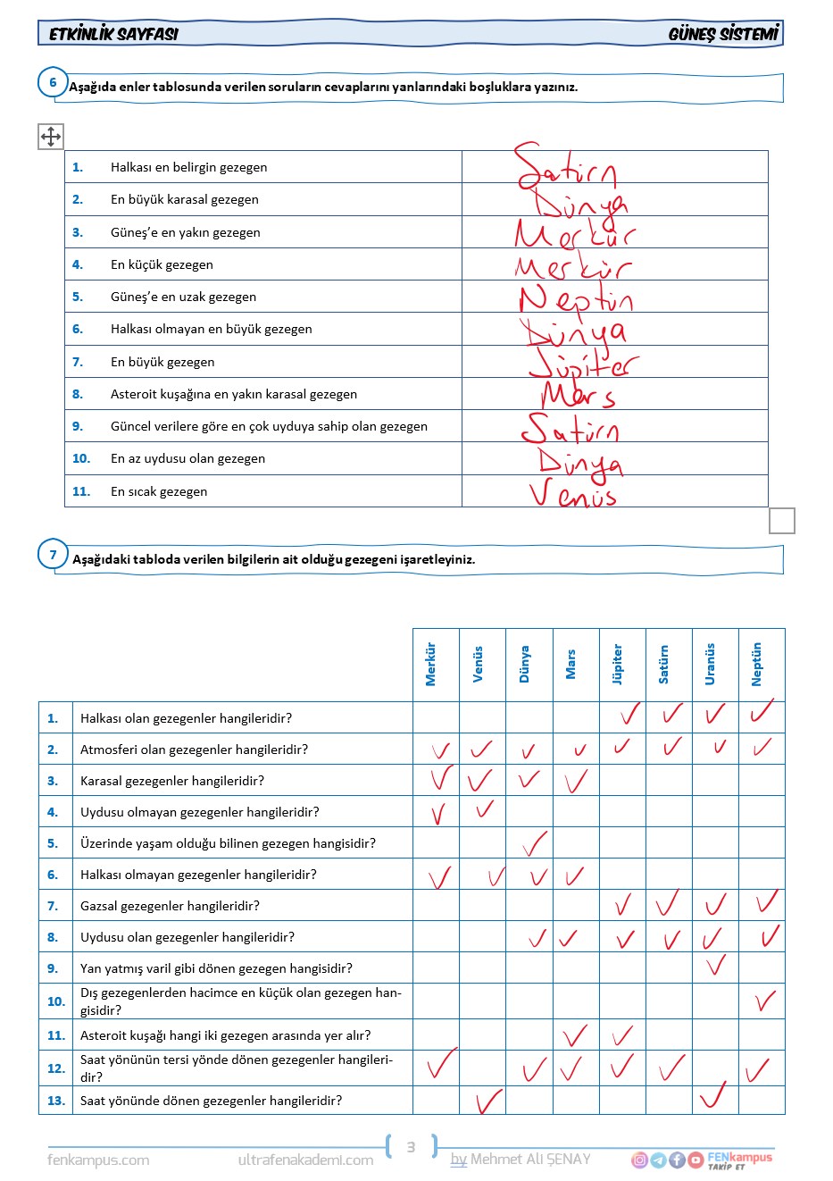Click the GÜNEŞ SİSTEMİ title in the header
723,34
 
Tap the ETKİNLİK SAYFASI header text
113,34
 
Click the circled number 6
53,83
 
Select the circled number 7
53,555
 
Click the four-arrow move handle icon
51,137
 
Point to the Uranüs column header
710,664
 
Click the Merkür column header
430,664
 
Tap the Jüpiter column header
617,664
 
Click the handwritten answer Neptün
575,298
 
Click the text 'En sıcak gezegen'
159,491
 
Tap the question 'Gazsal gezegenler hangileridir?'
170,906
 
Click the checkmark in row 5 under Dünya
534,842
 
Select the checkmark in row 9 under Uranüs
715,965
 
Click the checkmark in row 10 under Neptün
764,1000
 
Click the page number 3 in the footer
411,1147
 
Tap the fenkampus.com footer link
98,1160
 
